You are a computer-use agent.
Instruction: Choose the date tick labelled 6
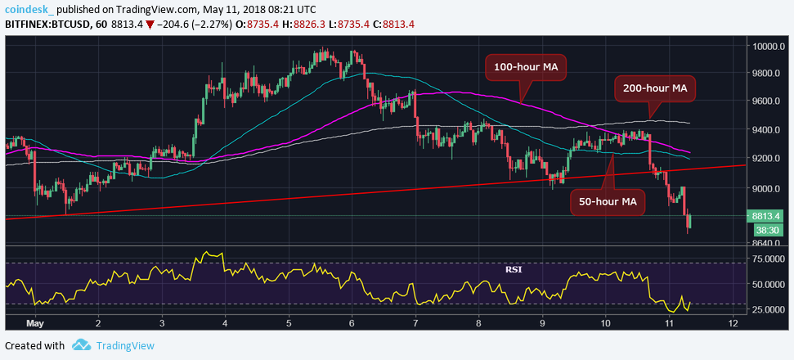(x=352, y=323)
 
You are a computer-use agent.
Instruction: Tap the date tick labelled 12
(x=732, y=323)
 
